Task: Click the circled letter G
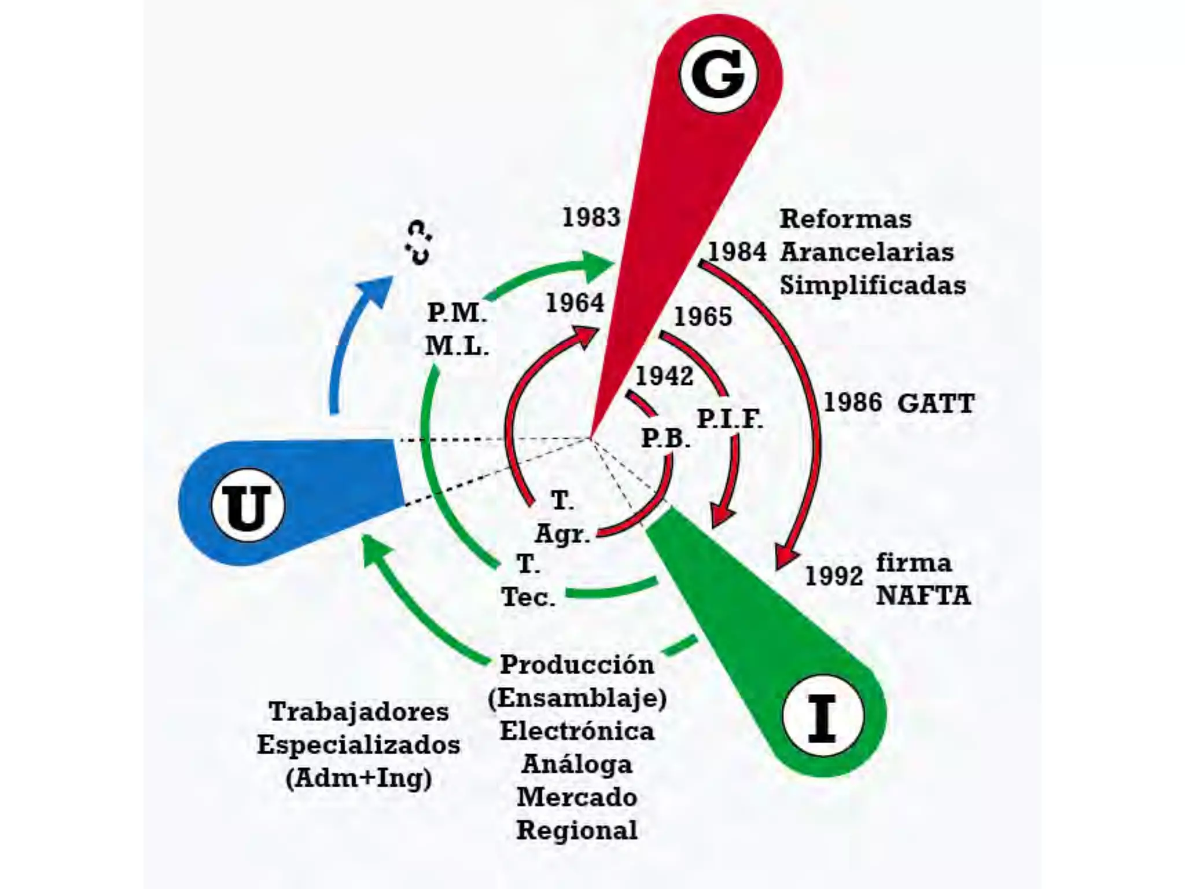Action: [718, 76]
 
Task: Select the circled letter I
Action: [822, 718]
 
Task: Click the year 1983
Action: [591, 218]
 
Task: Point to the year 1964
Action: [575, 303]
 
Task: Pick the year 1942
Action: [664, 377]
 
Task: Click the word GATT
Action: [936, 403]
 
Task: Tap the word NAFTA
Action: [923, 596]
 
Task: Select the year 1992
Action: [834, 576]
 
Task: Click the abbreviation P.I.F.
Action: [730, 418]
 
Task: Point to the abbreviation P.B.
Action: [666, 438]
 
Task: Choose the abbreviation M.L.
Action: [457, 346]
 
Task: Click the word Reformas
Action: [845, 219]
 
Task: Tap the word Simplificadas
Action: [873, 285]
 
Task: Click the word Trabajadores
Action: [359, 711]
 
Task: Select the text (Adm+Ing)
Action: [359, 778]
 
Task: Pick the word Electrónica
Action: [577, 731]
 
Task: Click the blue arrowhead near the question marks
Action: [376, 289]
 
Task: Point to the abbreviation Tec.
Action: [528, 597]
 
